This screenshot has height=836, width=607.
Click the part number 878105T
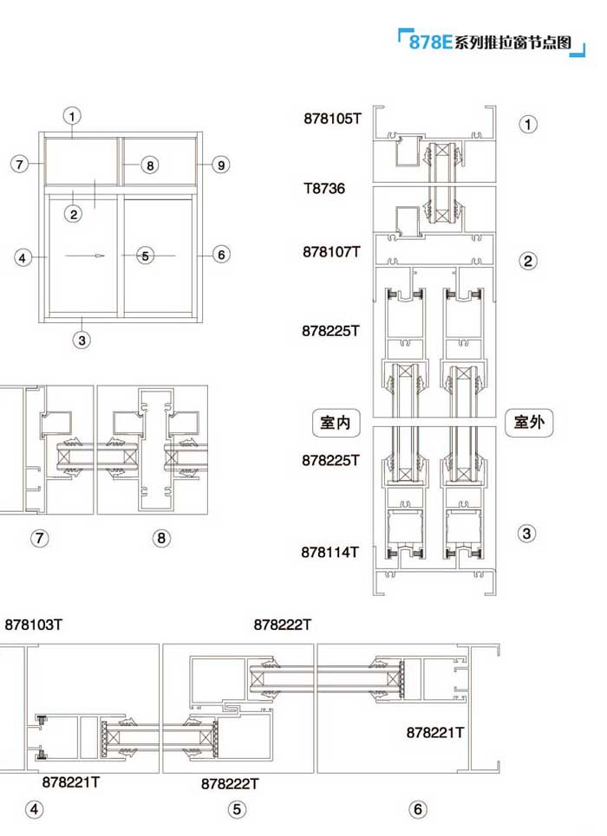click(332, 119)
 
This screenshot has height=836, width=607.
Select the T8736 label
click(324, 188)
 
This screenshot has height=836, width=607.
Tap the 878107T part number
click(331, 251)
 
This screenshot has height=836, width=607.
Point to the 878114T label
click(330, 553)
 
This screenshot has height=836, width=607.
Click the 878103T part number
click(33, 625)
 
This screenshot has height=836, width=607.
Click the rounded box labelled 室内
click(336, 423)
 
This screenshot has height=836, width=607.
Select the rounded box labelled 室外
click(529, 422)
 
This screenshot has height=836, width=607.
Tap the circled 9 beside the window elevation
click(220, 165)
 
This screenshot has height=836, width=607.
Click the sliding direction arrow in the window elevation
click(85, 256)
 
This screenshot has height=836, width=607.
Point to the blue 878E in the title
click(430, 42)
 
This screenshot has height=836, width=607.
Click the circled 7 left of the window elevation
click(20, 164)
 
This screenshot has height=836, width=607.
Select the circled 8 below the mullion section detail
click(161, 539)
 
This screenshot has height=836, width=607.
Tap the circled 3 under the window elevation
click(82, 340)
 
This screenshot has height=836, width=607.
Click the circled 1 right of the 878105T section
click(528, 124)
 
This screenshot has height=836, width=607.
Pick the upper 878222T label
click(282, 625)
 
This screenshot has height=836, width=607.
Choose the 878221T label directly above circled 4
click(70, 782)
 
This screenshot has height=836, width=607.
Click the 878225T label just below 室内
click(330, 460)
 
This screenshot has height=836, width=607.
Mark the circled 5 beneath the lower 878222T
click(237, 809)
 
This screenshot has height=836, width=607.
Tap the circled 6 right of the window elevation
click(221, 255)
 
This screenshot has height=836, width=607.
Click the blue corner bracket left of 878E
click(402, 35)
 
